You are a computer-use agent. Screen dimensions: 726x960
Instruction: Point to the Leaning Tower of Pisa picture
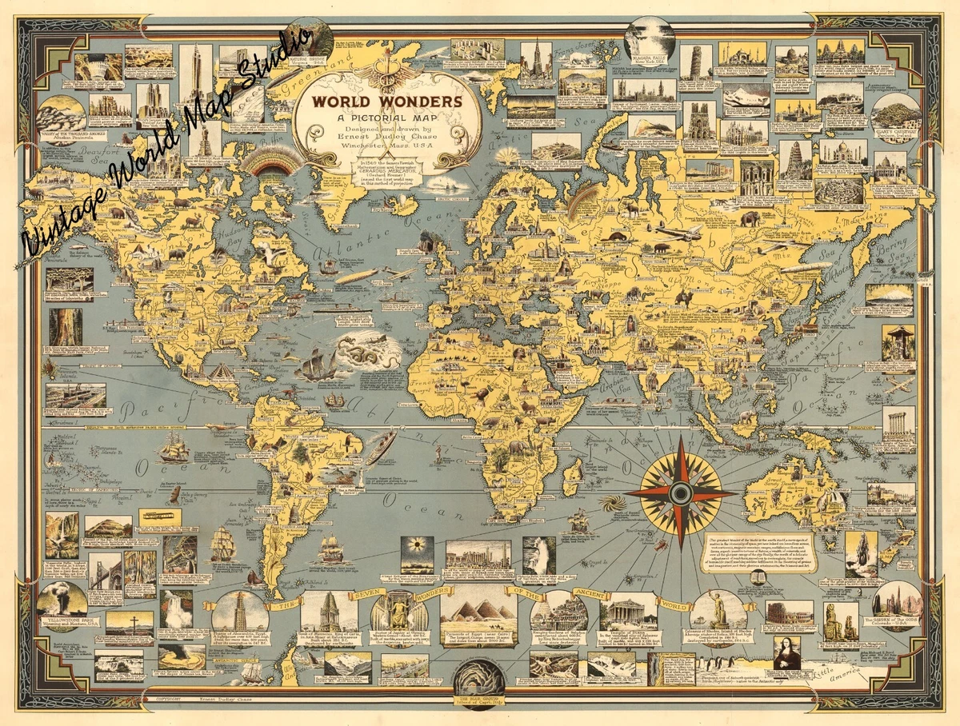[695, 62]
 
